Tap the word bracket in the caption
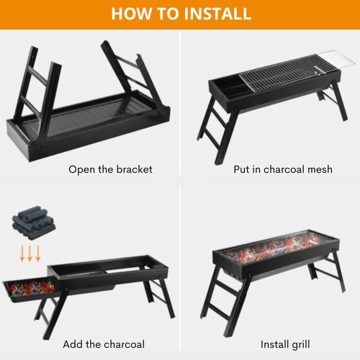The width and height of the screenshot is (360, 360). pyautogui.click(x=135, y=169)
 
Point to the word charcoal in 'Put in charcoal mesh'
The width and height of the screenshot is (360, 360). pyautogui.click(x=284, y=169)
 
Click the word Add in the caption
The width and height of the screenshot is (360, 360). pyautogui.click(x=73, y=344)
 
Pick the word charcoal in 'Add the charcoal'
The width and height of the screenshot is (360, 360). pyautogui.click(x=124, y=344)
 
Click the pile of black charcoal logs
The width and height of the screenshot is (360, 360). pyautogui.click(x=33, y=222)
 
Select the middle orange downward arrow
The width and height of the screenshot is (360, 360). pyautogui.click(x=30, y=253)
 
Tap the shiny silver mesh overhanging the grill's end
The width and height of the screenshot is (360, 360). pyautogui.click(x=336, y=60)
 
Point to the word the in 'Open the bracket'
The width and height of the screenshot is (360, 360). pyautogui.click(x=106, y=169)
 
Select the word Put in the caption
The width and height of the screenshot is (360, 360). pyautogui.click(x=242, y=169)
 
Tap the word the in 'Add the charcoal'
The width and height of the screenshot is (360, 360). pyautogui.click(x=94, y=344)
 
